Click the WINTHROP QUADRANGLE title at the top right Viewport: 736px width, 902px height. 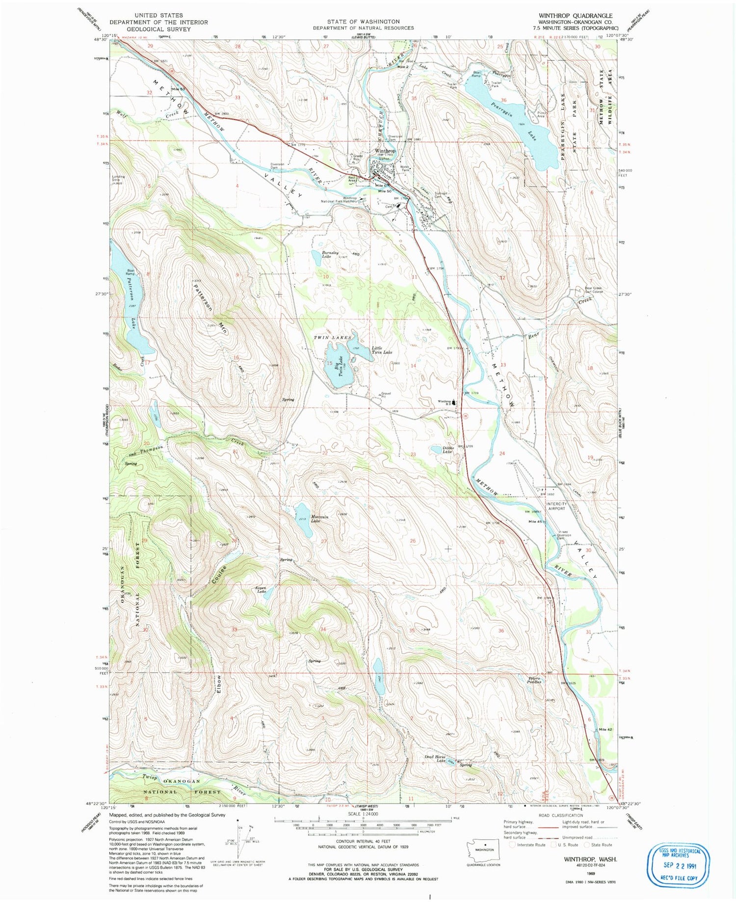point(575,16)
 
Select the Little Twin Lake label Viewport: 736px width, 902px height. point(381,350)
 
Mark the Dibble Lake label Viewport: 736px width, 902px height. point(447,449)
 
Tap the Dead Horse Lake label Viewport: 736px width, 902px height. point(435,758)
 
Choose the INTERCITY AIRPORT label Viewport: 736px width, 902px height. point(556,506)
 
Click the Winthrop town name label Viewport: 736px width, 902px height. point(385,151)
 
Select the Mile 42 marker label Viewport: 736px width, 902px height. point(605,730)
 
